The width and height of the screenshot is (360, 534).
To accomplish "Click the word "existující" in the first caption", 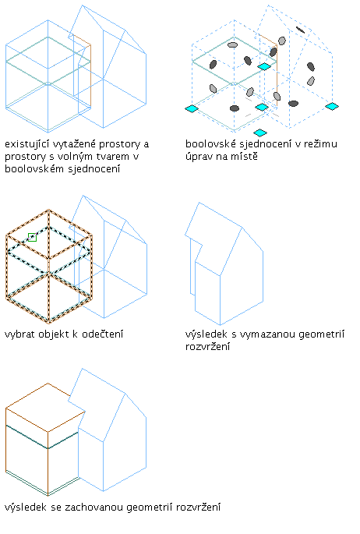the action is coord(26,144).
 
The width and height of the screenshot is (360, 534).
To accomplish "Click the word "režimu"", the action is coord(320,144).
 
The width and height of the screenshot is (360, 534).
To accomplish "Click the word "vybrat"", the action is coord(19,334).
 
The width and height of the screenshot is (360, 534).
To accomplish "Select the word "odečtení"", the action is coord(102,334).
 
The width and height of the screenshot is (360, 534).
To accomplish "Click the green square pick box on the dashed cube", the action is coord(32,237).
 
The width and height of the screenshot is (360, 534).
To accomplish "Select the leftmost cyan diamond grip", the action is coord(192,108).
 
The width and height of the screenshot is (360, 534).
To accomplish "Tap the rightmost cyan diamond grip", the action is coord(332,107).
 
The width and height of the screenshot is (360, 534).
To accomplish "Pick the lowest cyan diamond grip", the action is coord(260,133).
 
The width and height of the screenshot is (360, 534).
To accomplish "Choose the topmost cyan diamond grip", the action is coord(264,66).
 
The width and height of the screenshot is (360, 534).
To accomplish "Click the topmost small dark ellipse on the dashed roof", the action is coord(300,30).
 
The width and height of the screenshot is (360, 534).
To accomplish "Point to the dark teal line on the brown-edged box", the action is coord(42,437).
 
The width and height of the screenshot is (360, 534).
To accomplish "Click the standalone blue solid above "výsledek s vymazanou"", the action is coord(224,264).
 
